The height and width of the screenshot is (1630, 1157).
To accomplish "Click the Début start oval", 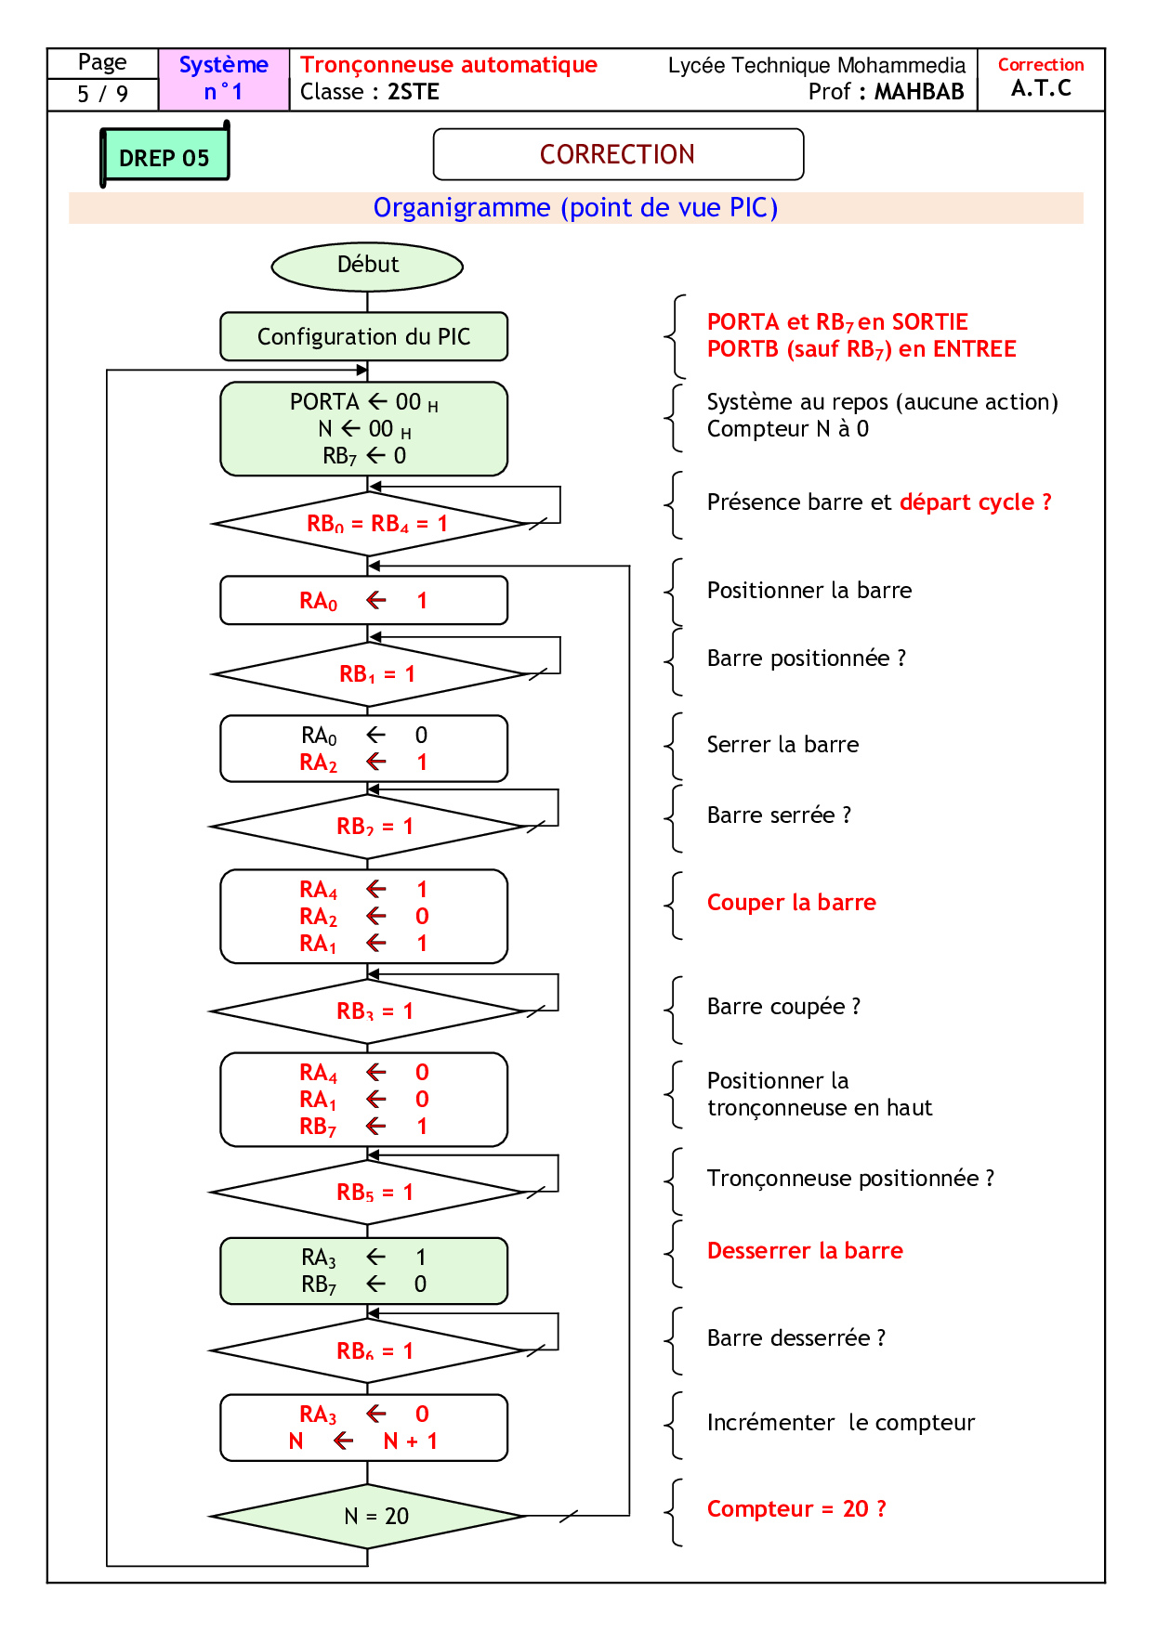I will point(367,267).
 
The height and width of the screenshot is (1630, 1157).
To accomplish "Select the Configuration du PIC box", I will point(363,336).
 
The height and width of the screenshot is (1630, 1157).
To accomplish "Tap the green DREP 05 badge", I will point(164,157).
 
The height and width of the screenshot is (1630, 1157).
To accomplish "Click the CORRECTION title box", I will point(618,154).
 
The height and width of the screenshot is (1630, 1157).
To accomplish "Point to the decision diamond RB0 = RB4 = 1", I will point(369,524).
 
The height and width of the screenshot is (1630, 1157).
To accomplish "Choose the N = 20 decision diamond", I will point(369,1516).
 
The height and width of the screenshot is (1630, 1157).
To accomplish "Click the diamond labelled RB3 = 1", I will point(369,1011).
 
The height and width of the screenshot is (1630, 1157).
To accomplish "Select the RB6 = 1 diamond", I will point(369,1350).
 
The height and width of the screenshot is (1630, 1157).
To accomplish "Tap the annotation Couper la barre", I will point(791,903).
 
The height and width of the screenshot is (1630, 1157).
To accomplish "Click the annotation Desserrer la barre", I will point(805,1251).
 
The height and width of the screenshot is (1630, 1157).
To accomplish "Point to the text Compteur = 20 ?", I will point(796,1509).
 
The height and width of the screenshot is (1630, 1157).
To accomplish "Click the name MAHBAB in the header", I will point(918,92).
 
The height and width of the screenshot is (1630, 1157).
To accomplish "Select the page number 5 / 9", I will point(102,94).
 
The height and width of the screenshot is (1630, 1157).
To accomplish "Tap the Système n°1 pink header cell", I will point(224,79).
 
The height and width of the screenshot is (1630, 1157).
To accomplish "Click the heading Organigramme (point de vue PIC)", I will point(575,208).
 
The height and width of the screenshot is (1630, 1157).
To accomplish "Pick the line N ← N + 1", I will point(363,1441).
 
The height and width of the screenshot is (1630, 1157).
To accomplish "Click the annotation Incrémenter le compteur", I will point(840,1423).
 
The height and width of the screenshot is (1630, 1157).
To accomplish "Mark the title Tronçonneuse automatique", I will point(449,65).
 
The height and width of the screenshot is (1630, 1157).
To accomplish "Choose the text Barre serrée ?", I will point(779,815).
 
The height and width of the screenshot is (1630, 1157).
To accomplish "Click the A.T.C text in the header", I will point(1041,89).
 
